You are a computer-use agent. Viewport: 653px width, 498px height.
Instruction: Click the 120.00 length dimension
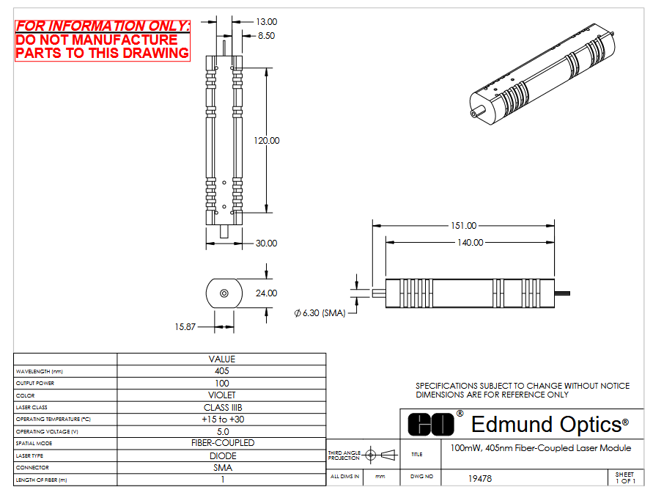[267, 140]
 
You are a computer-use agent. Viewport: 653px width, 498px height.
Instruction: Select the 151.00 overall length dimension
[463, 225]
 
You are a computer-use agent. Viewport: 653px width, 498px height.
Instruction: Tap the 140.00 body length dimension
[471, 242]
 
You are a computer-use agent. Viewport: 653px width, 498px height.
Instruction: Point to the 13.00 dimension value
[267, 22]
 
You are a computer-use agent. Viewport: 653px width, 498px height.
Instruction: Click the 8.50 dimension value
[267, 36]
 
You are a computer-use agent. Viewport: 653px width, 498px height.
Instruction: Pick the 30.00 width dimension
[267, 243]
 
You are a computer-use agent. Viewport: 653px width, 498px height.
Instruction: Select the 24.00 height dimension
[267, 293]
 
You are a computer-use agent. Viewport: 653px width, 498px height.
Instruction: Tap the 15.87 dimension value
[185, 326]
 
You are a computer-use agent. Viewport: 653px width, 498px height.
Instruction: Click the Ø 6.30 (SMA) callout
[320, 313]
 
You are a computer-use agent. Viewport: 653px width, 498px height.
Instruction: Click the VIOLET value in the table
[222, 395]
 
